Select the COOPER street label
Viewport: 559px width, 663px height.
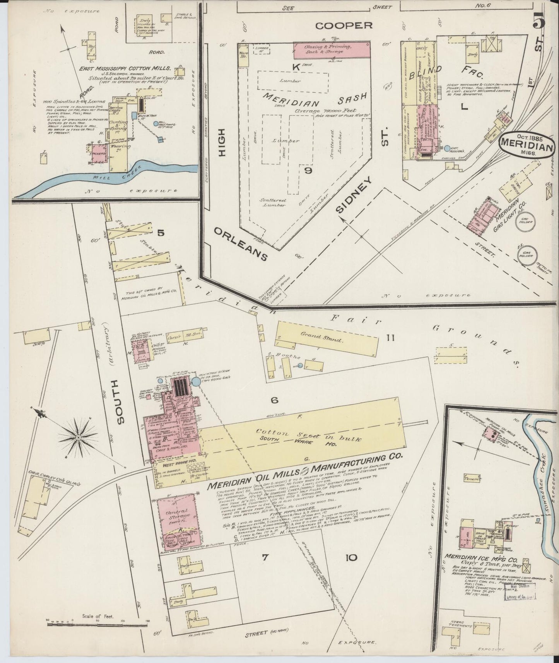pos(344,26)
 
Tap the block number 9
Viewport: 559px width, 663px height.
pos(308,170)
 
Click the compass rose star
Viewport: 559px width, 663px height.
pos(78,437)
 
